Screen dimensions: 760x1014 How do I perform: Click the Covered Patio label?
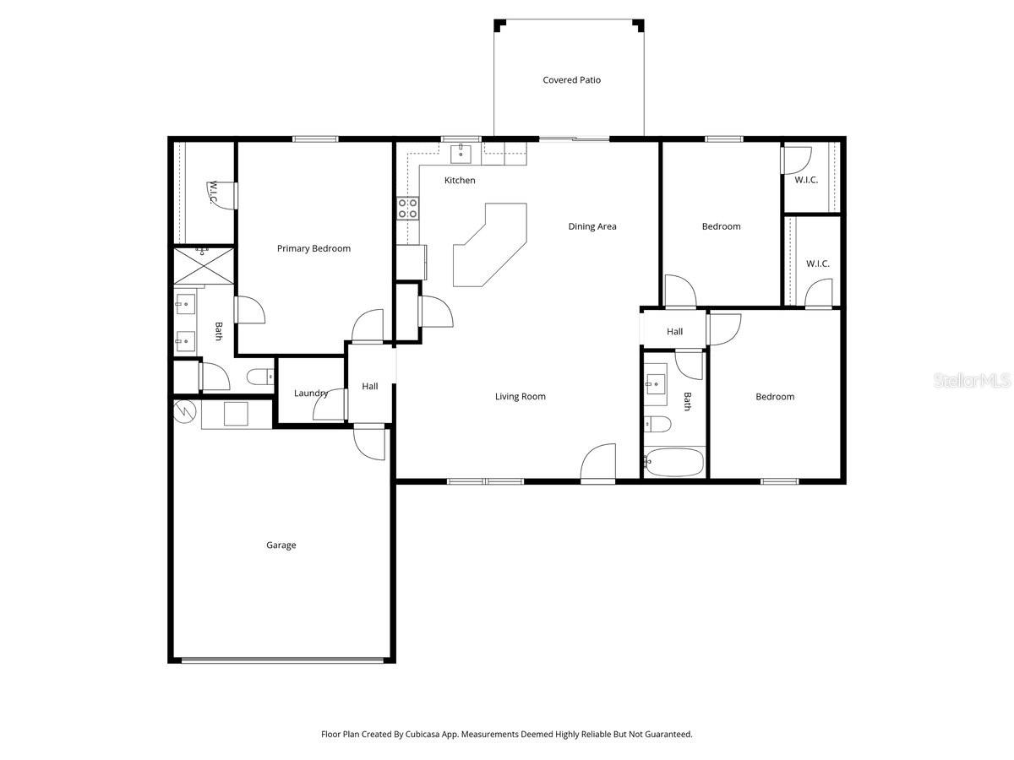[571, 80]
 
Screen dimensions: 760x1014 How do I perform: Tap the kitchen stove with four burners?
[408, 208]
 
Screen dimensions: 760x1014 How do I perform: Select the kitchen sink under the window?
[461, 152]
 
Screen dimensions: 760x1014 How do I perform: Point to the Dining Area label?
[591, 226]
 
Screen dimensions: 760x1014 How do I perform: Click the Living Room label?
[520, 396]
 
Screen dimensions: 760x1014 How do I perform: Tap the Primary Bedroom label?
[313, 248]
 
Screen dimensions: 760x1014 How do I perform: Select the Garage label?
[281, 546]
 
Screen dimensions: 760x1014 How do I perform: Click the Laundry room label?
[310, 393]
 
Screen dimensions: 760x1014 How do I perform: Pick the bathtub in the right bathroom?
[673, 462]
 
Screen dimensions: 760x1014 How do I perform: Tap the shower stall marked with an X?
[204, 266]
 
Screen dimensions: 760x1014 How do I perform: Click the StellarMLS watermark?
[972, 382]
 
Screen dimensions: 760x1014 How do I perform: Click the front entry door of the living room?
[598, 464]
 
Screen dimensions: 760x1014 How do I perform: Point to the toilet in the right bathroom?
[657, 424]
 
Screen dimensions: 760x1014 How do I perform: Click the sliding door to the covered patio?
[575, 138]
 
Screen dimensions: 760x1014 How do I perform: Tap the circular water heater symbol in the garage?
[184, 411]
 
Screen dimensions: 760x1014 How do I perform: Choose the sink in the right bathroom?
[657, 385]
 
